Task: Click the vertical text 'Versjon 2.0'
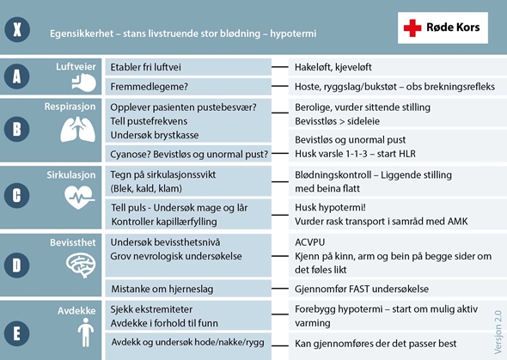[496, 326]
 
